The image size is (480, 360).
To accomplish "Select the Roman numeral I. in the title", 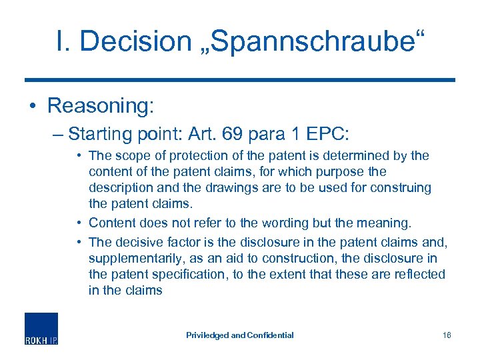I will coord(65,41).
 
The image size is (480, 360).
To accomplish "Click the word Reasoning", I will coord(101,105).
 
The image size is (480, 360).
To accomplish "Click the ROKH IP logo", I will coord(41,329).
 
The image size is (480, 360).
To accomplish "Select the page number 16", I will coord(446,335).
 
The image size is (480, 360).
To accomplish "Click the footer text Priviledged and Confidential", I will coord(240,335).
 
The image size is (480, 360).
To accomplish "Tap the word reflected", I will coord(417,274).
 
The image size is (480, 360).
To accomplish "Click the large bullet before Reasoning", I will coord(31,106).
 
